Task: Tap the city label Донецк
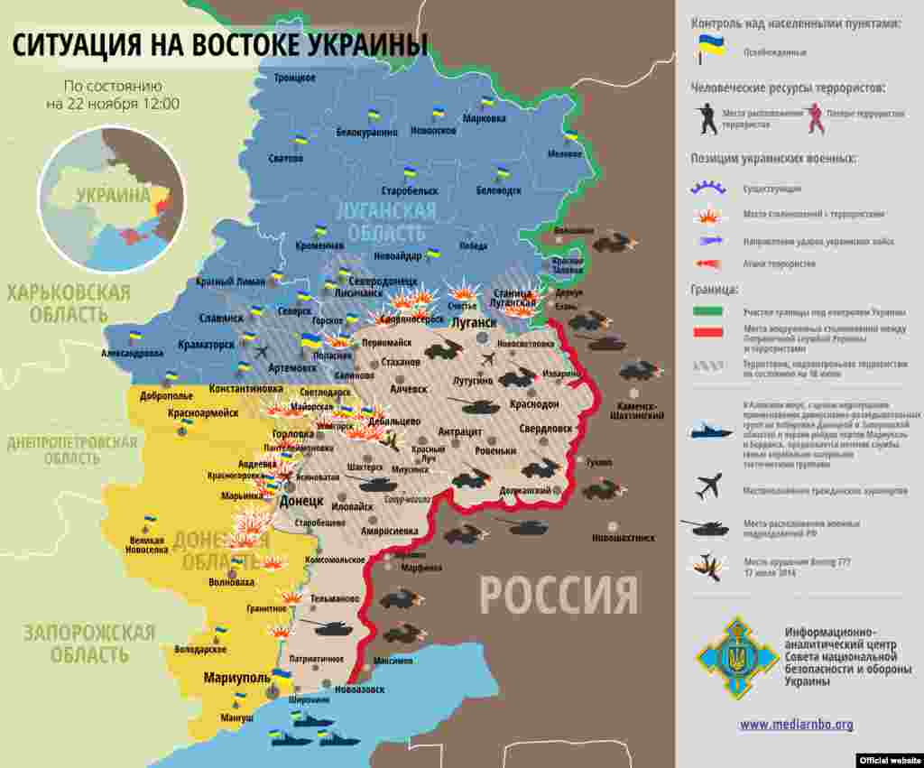click(301, 500)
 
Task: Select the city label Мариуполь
click(236, 677)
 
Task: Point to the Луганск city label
click(474, 322)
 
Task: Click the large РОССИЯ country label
click(558, 596)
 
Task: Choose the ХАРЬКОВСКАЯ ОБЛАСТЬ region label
click(69, 303)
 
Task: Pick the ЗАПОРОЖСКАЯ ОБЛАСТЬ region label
click(89, 643)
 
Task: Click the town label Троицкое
click(295, 78)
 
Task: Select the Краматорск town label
click(208, 345)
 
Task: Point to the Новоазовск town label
click(358, 689)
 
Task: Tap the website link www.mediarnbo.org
click(796, 724)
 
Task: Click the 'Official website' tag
click(888, 760)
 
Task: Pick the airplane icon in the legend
click(709, 487)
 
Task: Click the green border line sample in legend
click(710, 311)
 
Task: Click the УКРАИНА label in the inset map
click(113, 195)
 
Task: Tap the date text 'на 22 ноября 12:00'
click(113, 104)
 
